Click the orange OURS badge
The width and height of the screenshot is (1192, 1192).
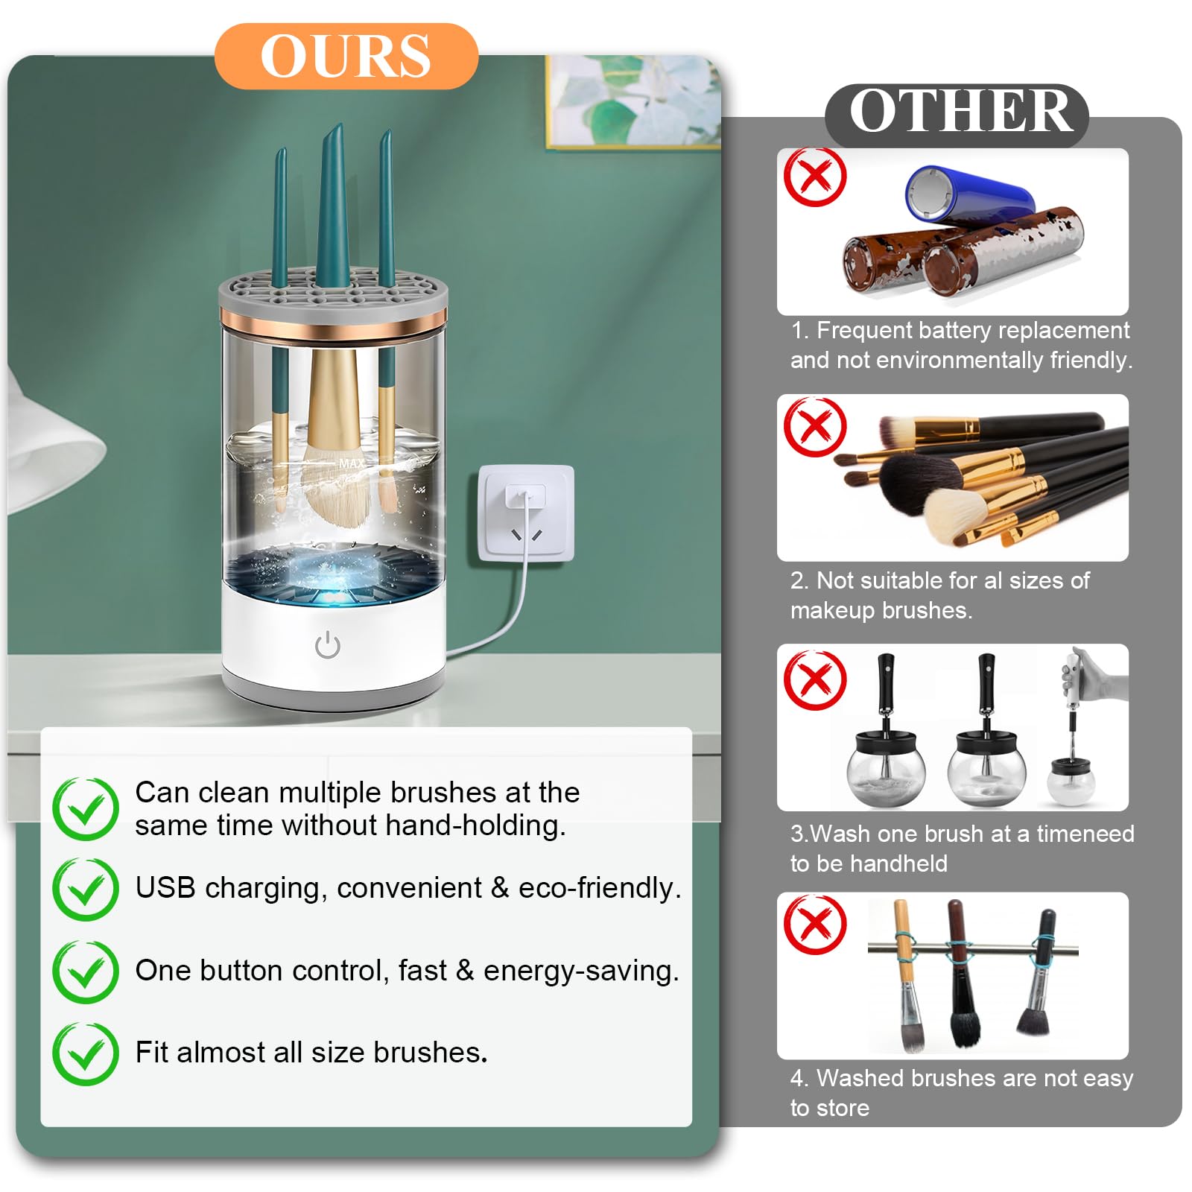click(x=346, y=57)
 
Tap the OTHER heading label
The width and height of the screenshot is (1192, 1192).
click(x=958, y=113)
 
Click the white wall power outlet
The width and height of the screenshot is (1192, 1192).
click(x=527, y=513)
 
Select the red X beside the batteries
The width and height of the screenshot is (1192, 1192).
click(x=815, y=177)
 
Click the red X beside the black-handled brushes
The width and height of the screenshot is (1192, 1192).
click(x=815, y=426)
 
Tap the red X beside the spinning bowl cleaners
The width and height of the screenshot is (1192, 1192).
click(x=815, y=679)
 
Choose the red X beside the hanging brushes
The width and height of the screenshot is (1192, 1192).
click(x=815, y=925)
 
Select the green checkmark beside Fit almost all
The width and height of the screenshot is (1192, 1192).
click(x=86, y=1053)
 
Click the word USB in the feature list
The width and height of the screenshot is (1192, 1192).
click(x=165, y=887)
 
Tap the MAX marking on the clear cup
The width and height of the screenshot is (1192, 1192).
click(x=352, y=463)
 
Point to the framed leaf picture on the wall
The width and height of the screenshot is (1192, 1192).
click(x=634, y=101)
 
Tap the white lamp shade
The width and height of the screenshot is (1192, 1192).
click(x=52, y=447)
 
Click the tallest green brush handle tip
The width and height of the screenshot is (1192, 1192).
click(x=338, y=127)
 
